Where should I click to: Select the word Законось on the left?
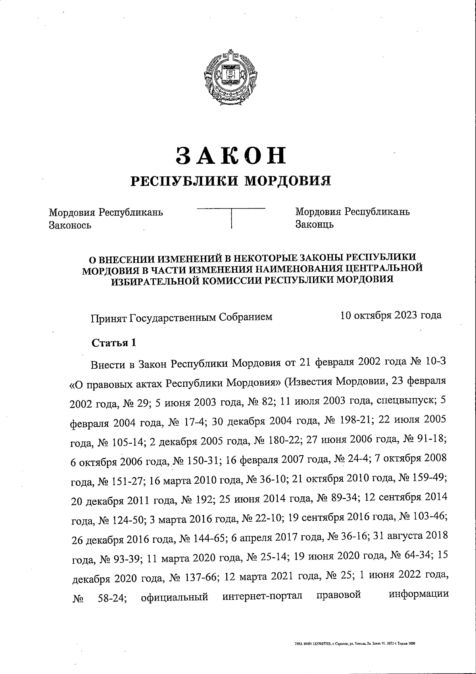(x=70, y=225)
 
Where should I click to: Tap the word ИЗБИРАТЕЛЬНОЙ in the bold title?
(x=149, y=280)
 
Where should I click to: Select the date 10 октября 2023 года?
(x=391, y=315)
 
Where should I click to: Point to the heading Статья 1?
(x=114, y=343)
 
